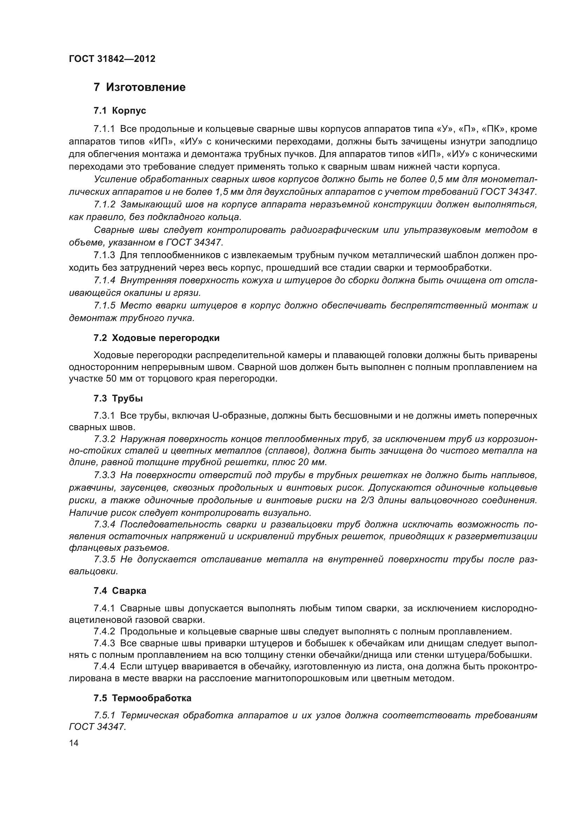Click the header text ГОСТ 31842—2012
(112, 59)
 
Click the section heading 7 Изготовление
(139, 87)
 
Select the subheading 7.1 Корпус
(120, 111)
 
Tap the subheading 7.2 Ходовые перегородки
(156, 338)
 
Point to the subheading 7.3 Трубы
(118, 398)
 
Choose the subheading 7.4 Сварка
(120, 591)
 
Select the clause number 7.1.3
(104, 255)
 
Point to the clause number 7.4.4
(104, 666)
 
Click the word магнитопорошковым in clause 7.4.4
(301, 678)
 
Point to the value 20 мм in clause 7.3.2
(313, 462)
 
